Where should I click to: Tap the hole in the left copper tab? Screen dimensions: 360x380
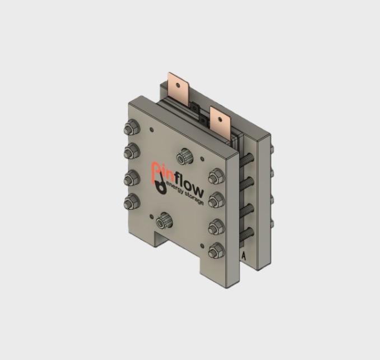(179, 85)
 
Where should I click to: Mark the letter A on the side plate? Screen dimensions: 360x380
(244, 255)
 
